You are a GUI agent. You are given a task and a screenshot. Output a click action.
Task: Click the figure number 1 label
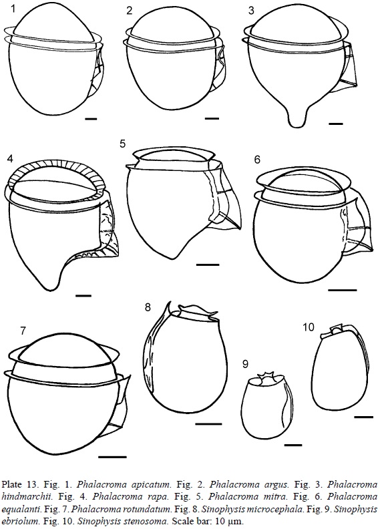[13, 9]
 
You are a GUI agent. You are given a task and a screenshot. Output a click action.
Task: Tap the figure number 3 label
[251, 11]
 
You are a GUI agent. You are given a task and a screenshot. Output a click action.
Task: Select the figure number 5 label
[122, 144]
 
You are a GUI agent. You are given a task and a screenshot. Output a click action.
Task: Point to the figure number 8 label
[148, 308]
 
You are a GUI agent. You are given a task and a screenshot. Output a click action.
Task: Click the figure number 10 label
[309, 327]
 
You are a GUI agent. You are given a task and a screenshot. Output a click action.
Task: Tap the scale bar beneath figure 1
[91, 119]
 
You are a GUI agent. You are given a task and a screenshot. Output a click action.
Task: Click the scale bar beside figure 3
[335, 124]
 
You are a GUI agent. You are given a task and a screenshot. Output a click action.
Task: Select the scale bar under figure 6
[342, 290]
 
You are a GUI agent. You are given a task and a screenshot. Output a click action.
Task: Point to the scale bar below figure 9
[293, 445]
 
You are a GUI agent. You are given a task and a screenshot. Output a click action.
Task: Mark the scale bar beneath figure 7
[112, 457]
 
